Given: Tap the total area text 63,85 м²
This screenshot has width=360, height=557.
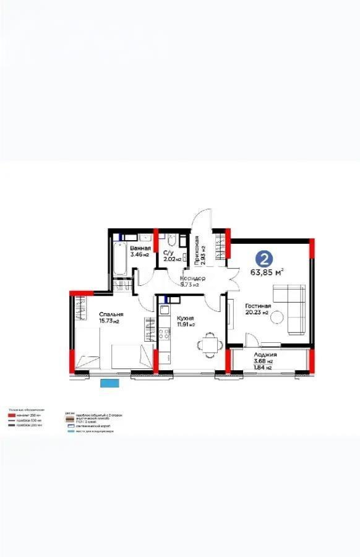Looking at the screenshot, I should pyautogui.click(x=267, y=272).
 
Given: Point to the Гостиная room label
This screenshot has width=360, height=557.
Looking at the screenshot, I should pyautogui.click(x=258, y=306).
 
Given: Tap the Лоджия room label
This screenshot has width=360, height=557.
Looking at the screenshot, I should pyautogui.click(x=265, y=355).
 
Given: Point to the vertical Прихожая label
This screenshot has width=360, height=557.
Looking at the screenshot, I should pyautogui.click(x=197, y=251).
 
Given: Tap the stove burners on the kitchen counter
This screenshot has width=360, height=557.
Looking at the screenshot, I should pyautogui.click(x=164, y=335).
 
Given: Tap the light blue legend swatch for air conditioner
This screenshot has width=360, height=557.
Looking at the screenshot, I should pyautogui.click(x=69, y=431).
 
